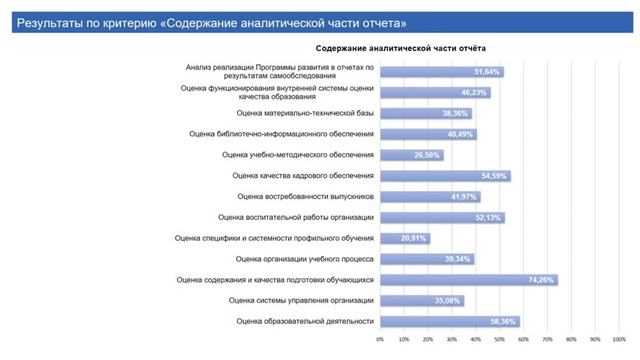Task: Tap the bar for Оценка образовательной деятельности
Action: [x=448, y=321]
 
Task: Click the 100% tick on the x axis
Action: [x=618, y=339]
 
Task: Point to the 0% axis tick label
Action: [x=380, y=339]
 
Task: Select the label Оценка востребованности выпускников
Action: [x=304, y=196]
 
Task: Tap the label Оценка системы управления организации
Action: [x=300, y=300]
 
